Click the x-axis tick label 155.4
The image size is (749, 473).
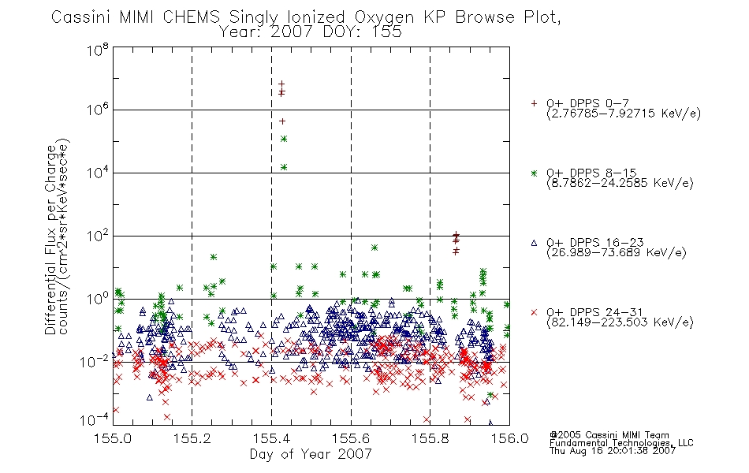(x=272, y=438)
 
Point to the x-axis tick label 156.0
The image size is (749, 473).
(x=509, y=438)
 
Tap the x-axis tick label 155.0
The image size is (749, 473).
(x=113, y=438)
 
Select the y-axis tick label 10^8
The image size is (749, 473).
(x=98, y=50)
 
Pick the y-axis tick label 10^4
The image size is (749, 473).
(x=98, y=172)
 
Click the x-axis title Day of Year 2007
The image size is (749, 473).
(x=311, y=454)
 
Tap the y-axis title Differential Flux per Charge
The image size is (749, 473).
(x=50, y=240)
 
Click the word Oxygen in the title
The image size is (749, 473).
(x=384, y=17)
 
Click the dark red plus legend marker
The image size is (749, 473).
(x=534, y=103)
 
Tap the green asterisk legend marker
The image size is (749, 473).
(x=534, y=173)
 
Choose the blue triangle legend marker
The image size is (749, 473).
(x=534, y=243)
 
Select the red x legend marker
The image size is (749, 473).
(x=534, y=312)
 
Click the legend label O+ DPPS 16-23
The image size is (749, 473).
(x=595, y=242)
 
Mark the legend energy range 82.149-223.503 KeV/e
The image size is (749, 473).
(x=620, y=322)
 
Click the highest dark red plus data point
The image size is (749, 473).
(x=281, y=84)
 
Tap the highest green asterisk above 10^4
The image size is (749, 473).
(x=284, y=139)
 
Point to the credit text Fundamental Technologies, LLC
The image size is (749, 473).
(x=621, y=443)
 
